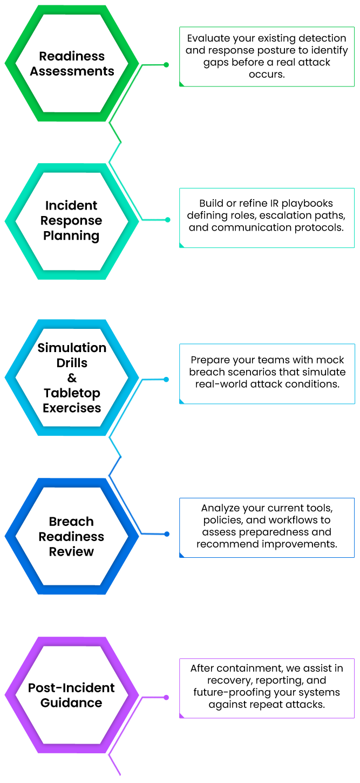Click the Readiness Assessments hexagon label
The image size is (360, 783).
(x=72, y=64)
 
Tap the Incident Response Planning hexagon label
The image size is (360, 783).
(x=71, y=220)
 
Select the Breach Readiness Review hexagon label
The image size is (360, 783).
(x=71, y=536)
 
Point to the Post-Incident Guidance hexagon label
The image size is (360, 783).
(x=71, y=695)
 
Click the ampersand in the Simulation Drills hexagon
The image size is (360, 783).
(x=72, y=378)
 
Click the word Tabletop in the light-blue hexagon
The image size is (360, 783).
(x=72, y=393)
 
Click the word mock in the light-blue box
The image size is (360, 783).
(x=330, y=360)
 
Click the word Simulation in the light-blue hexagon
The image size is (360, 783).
(x=72, y=348)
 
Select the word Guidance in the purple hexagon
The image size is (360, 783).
(x=71, y=703)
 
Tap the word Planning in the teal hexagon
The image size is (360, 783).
(x=71, y=235)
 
